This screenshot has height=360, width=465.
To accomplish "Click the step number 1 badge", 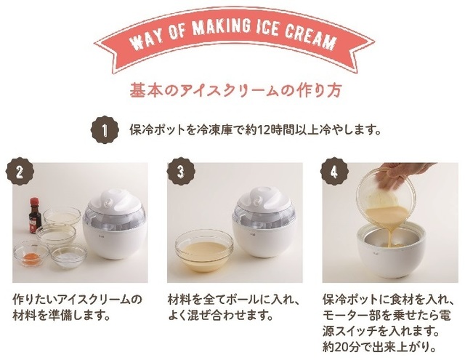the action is (105, 130).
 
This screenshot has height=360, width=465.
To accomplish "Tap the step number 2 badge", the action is (20, 171).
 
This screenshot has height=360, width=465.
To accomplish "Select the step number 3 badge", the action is (181, 171).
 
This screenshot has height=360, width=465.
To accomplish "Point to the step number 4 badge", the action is (334, 171).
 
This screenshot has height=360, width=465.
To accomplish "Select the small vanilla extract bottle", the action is (36, 215).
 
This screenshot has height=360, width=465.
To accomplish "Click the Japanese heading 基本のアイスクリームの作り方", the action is (235, 90).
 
